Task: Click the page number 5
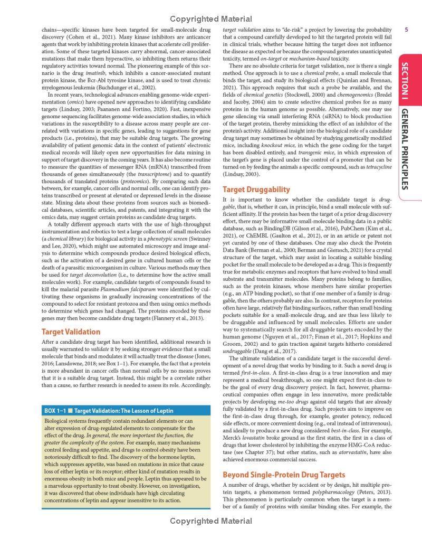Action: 407,30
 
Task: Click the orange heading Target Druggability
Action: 256,189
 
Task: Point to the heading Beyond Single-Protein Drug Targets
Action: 284,475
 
